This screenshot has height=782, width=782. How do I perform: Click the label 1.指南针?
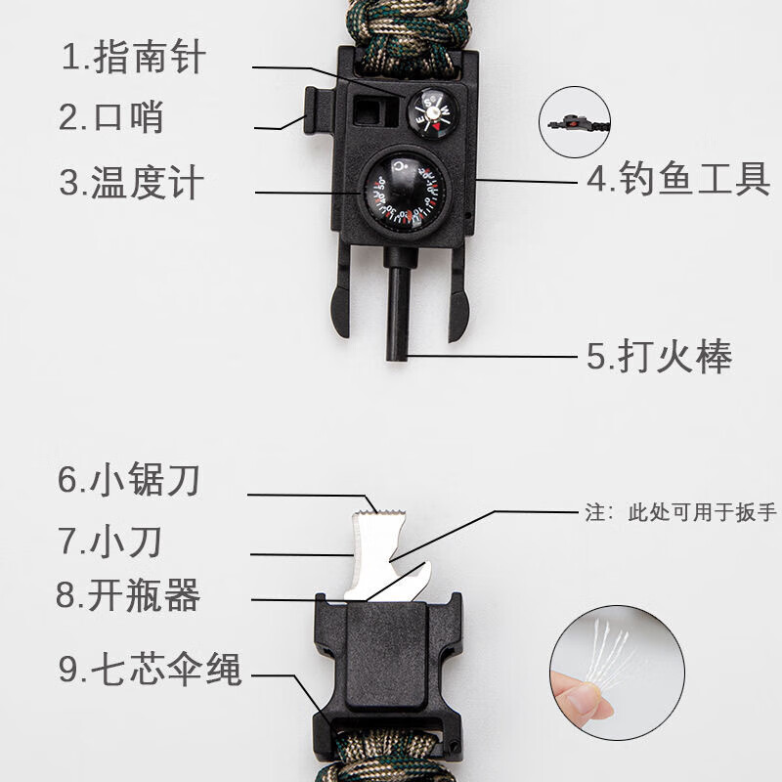click(x=134, y=58)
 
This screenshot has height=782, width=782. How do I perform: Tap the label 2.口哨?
click(x=111, y=118)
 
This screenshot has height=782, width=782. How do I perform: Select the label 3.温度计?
click(x=133, y=183)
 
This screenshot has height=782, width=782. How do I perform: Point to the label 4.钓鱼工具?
click(x=678, y=180)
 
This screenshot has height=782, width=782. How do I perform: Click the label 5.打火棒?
click(x=660, y=357)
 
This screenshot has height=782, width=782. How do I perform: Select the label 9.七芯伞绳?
click(x=150, y=671)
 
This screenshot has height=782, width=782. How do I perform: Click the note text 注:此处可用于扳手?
click(x=680, y=512)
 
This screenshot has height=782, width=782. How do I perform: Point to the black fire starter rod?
click(x=399, y=303)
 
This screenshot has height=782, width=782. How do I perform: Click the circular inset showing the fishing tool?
click(x=574, y=122)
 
